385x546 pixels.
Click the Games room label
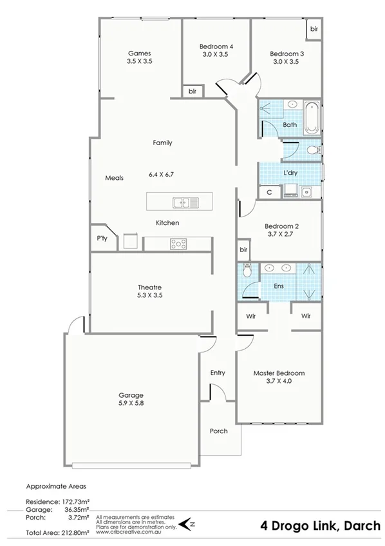pos(140,53)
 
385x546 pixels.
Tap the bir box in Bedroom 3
pos(314,29)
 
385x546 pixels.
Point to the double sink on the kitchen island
pos(185,204)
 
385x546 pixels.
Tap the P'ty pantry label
pos(102,239)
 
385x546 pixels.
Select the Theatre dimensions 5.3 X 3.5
pos(149,297)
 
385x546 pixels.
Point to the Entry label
pos(218,373)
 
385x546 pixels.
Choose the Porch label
pos(219,431)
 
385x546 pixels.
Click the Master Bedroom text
pos(279,373)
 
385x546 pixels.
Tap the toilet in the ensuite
pos(247,270)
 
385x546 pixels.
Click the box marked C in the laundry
pos(268,191)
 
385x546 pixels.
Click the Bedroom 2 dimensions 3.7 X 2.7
pos(279,235)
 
